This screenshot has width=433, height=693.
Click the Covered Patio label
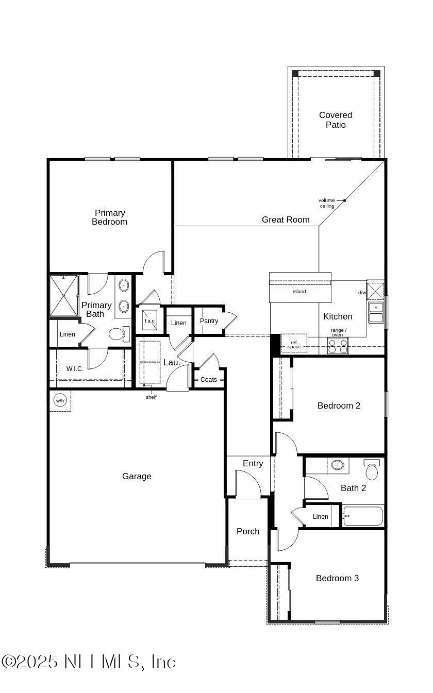[x=336, y=120]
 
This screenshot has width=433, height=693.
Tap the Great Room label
[x=286, y=219]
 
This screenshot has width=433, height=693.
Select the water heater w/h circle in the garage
[x=60, y=400]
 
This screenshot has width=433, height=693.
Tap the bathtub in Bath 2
[x=363, y=516]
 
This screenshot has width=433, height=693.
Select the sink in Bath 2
[x=338, y=465]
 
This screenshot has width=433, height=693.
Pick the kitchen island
[x=300, y=291]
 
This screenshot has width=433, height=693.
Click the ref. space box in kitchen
[x=294, y=344]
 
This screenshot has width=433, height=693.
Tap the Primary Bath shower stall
[x=64, y=296]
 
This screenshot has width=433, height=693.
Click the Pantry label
[x=209, y=321]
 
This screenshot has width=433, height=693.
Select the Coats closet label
[x=209, y=380]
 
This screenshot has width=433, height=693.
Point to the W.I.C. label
[x=74, y=368]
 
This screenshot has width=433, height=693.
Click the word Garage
[x=137, y=477]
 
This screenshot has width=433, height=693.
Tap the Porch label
[x=248, y=531]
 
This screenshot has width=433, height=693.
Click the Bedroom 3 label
[x=337, y=578]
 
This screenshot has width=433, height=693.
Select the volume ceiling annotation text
[x=327, y=203]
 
